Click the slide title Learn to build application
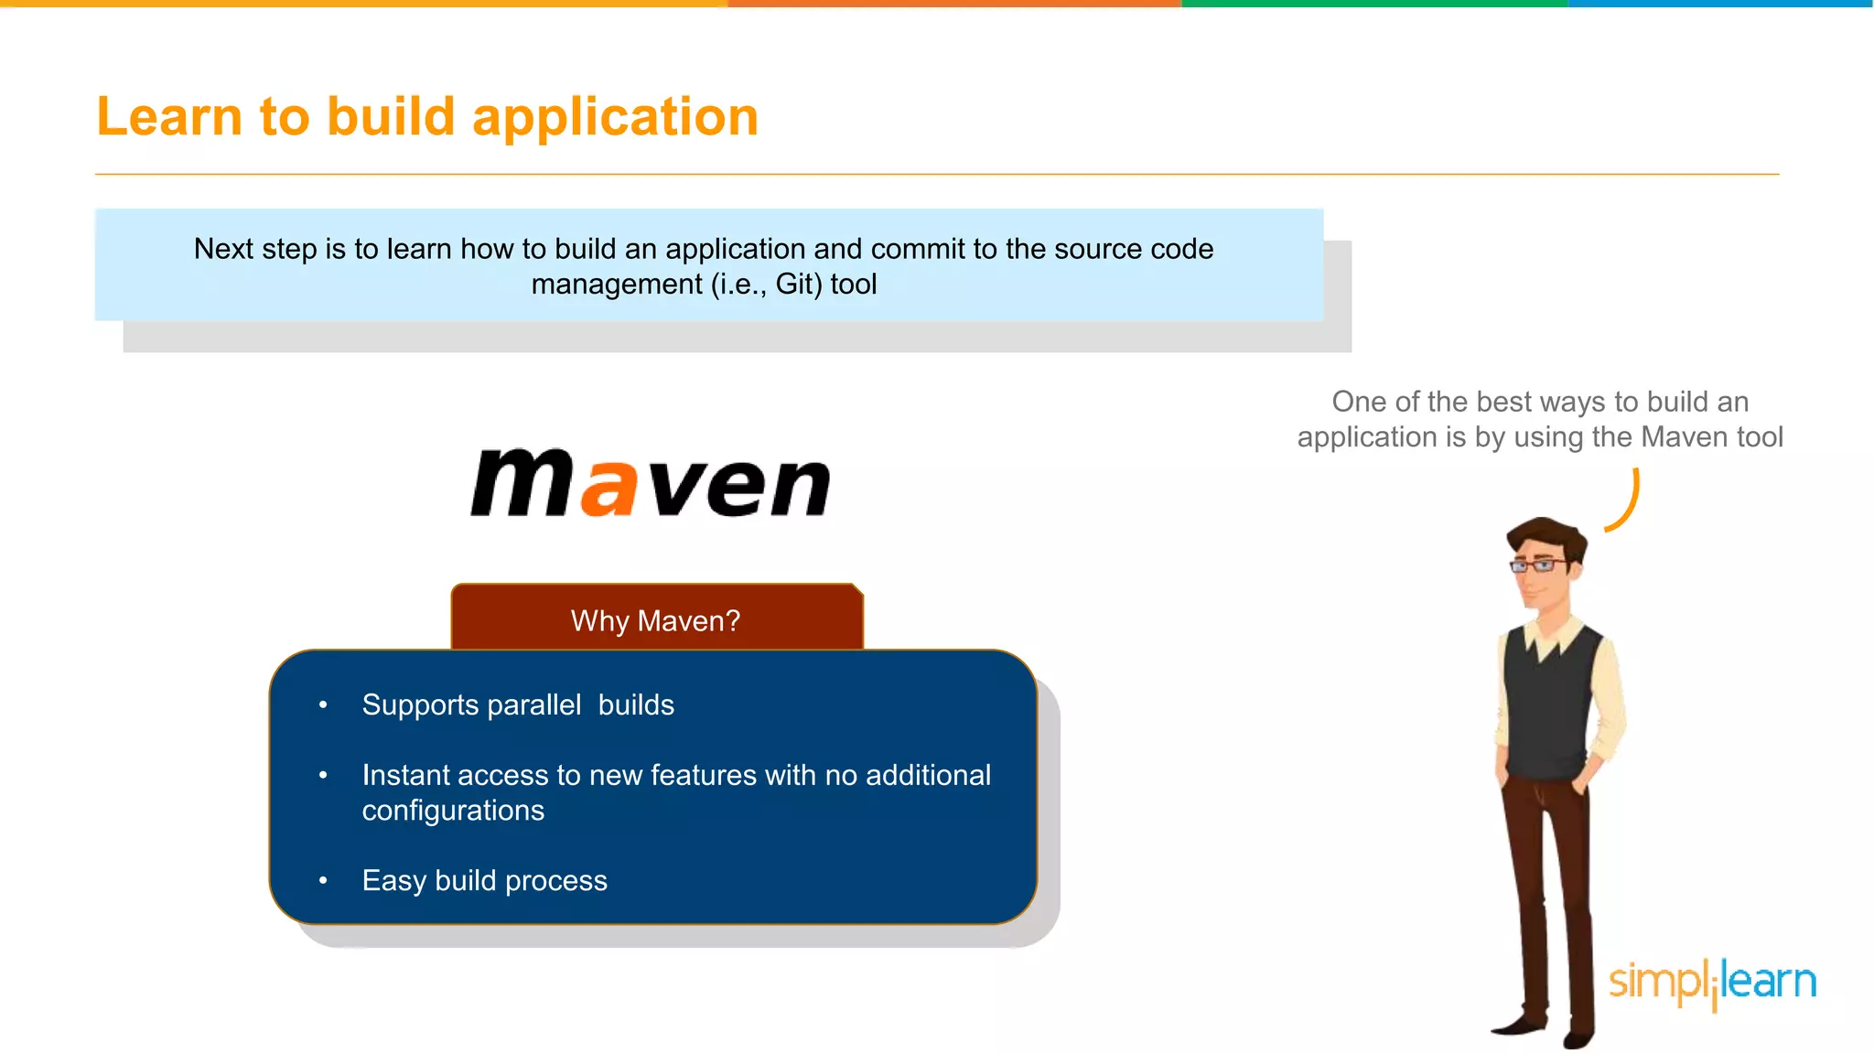coord(427,117)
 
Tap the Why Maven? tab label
coord(655,620)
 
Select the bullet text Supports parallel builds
coord(518,704)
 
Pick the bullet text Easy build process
coord(484,880)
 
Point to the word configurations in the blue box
coord(453,811)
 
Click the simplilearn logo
coord(1712,983)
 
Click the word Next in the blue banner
coord(224,249)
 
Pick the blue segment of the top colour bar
coord(1720,4)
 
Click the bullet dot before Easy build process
coord(323,880)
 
